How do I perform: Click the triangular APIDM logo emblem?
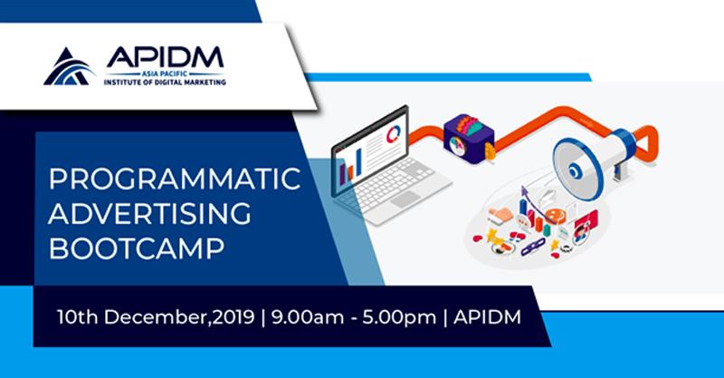click(70, 67)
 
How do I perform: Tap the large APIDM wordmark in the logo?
click(165, 57)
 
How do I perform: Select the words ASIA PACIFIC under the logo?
click(165, 74)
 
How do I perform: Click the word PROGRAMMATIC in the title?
click(175, 179)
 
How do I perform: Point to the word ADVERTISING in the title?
click(149, 213)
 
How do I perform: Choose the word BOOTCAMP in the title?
click(137, 248)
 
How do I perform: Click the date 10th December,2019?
click(156, 317)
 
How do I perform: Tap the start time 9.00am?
click(308, 317)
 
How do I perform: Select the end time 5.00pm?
click(399, 318)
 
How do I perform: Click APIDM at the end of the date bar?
click(487, 317)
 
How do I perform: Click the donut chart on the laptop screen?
click(394, 134)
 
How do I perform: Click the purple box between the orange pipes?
click(469, 139)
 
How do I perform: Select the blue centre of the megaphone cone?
click(575, 171)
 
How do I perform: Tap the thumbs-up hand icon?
click(500, 215)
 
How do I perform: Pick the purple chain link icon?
click(533, 247)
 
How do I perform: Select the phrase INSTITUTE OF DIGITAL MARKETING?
click(165, 82)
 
